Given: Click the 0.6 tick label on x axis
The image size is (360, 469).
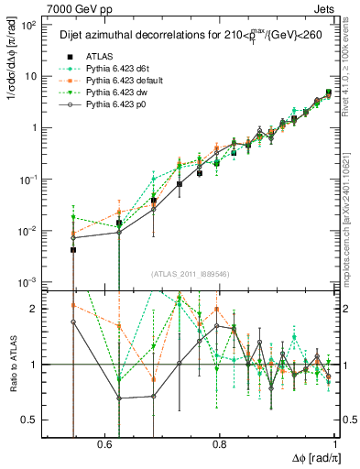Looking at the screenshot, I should (x=106, y=443).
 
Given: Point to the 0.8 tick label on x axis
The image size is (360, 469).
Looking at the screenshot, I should (x=220, y=443).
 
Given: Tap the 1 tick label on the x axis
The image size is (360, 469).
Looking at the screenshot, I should (x=333, y=443).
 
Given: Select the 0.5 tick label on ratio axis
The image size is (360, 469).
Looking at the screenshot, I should (x=29, y=420).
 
